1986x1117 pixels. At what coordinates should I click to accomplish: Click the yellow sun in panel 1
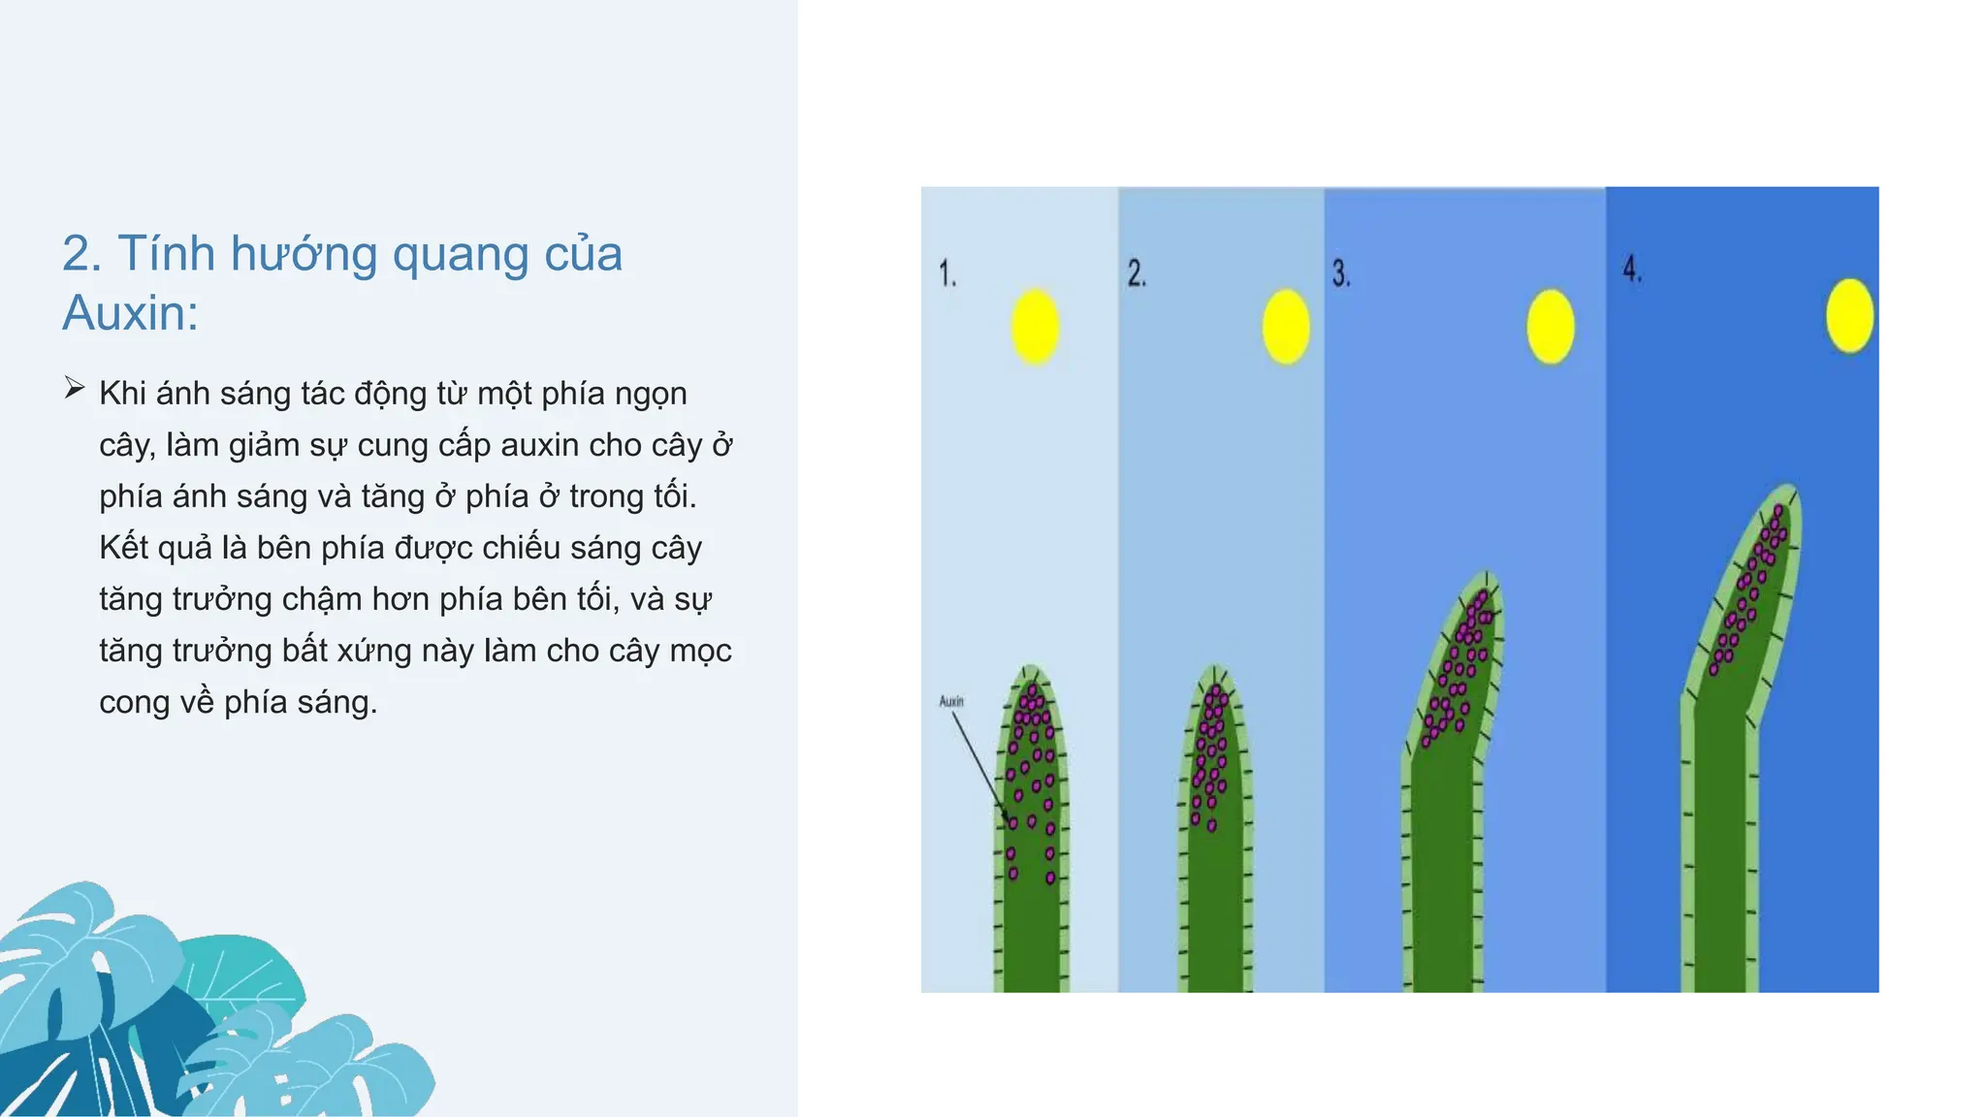click(x=1036, y=327)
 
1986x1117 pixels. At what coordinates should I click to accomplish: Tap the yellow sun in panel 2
click(x=1286, y=327)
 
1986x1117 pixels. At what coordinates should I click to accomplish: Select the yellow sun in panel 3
click(x=1550, y=327)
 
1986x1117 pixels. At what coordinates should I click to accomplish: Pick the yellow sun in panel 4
click(x=1849, y=315)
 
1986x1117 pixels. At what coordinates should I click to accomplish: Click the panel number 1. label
click(x=947, y=273)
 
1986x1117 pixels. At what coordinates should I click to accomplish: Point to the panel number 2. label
click(x=1137, y=273)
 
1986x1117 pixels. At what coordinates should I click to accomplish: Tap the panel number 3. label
click(x=1341, y=273)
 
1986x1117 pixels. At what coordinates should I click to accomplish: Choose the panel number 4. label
click(x=1633, y=269)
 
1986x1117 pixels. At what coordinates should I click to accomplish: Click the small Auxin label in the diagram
click(x=951, y=701)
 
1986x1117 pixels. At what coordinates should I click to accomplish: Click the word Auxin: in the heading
click(x=130, y=313)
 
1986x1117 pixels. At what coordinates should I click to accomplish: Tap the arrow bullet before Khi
click(x=75, y=389)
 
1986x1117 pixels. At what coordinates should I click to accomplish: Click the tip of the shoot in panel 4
click(x=1787, y=490)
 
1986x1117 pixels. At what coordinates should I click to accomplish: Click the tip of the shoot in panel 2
click(x=1216, y=670)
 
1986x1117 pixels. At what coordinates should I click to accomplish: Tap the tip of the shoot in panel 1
click(x=1031, y=670)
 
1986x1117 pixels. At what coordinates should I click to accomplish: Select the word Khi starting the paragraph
click(x=123, y=394)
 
